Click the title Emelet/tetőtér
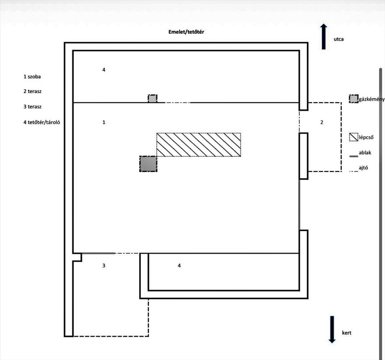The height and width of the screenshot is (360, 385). tap(186, 32)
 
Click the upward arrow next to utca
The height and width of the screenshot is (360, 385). tap(324, 37)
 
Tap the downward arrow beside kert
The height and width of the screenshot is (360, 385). tap(332, 329)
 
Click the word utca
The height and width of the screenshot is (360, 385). tap(339, 39)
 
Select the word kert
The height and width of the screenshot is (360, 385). tap(346, 333)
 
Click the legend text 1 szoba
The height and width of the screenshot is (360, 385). tap(32, 77)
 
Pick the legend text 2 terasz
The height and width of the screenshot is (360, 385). tap(32, 91)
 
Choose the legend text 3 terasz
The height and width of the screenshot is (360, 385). tap(32, 107)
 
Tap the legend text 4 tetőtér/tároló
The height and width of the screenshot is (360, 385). tap(42, 122)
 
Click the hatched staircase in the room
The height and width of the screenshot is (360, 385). tap(199, 145)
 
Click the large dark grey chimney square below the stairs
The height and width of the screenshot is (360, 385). tap(148, 164)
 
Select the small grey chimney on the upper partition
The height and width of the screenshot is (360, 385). tap(152, 99)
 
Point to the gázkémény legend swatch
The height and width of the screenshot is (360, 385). tap(354, 99)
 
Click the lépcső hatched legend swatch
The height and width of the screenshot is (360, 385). tap(354, 137)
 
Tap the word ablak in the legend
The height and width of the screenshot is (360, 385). tap(365, 153)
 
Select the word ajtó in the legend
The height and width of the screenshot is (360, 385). tap(363, 168)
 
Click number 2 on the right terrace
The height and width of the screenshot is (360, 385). tap(322, 122)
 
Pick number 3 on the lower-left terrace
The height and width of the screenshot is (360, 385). tap(104, 266)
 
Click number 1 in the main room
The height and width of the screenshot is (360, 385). tap(104, 122)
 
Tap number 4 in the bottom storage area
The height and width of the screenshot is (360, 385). tap(179, 266)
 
